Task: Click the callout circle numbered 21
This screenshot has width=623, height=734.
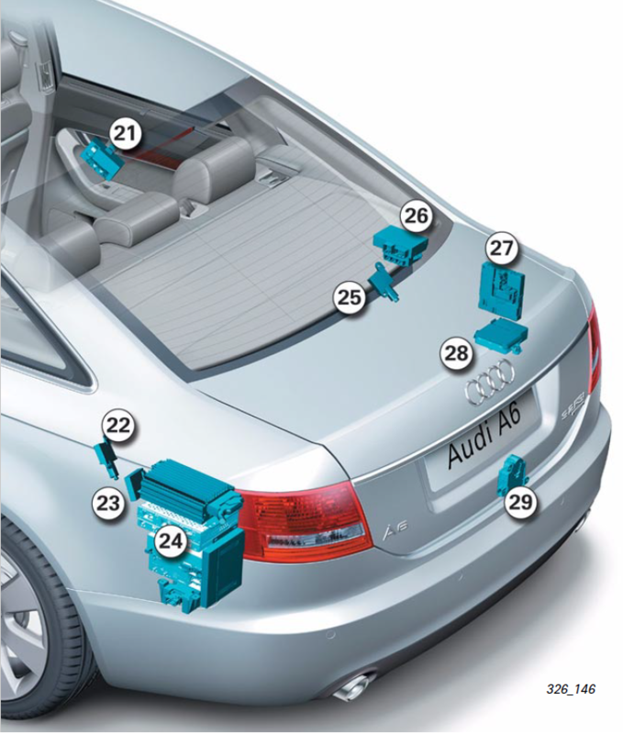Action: tap(126, 133)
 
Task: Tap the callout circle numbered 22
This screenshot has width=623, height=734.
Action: tap(118, 427)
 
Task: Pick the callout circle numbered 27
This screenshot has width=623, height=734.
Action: tap(501, 249)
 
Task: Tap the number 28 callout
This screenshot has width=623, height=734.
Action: tap(456, 353)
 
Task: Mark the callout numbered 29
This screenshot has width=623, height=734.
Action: tap(520, 502)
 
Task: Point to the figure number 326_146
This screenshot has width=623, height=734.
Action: tap(571, 689)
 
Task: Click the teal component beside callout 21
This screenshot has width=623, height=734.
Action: tap(101, 157)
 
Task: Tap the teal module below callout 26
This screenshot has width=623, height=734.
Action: tap(401, 246)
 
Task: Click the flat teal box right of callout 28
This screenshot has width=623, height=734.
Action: tap(501, 334)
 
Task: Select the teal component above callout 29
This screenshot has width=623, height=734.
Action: tap(513, 474)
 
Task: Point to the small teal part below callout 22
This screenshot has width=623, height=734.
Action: tap(107, 460)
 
